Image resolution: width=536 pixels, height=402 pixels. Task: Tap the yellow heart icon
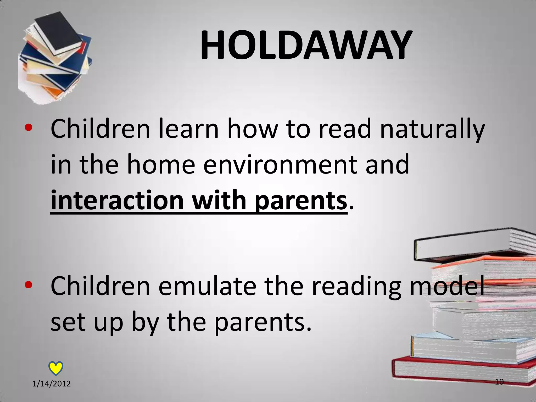coord(56,368)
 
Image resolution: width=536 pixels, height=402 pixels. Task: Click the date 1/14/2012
coord(52,384)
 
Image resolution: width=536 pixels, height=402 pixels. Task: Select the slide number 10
coord(499,382)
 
